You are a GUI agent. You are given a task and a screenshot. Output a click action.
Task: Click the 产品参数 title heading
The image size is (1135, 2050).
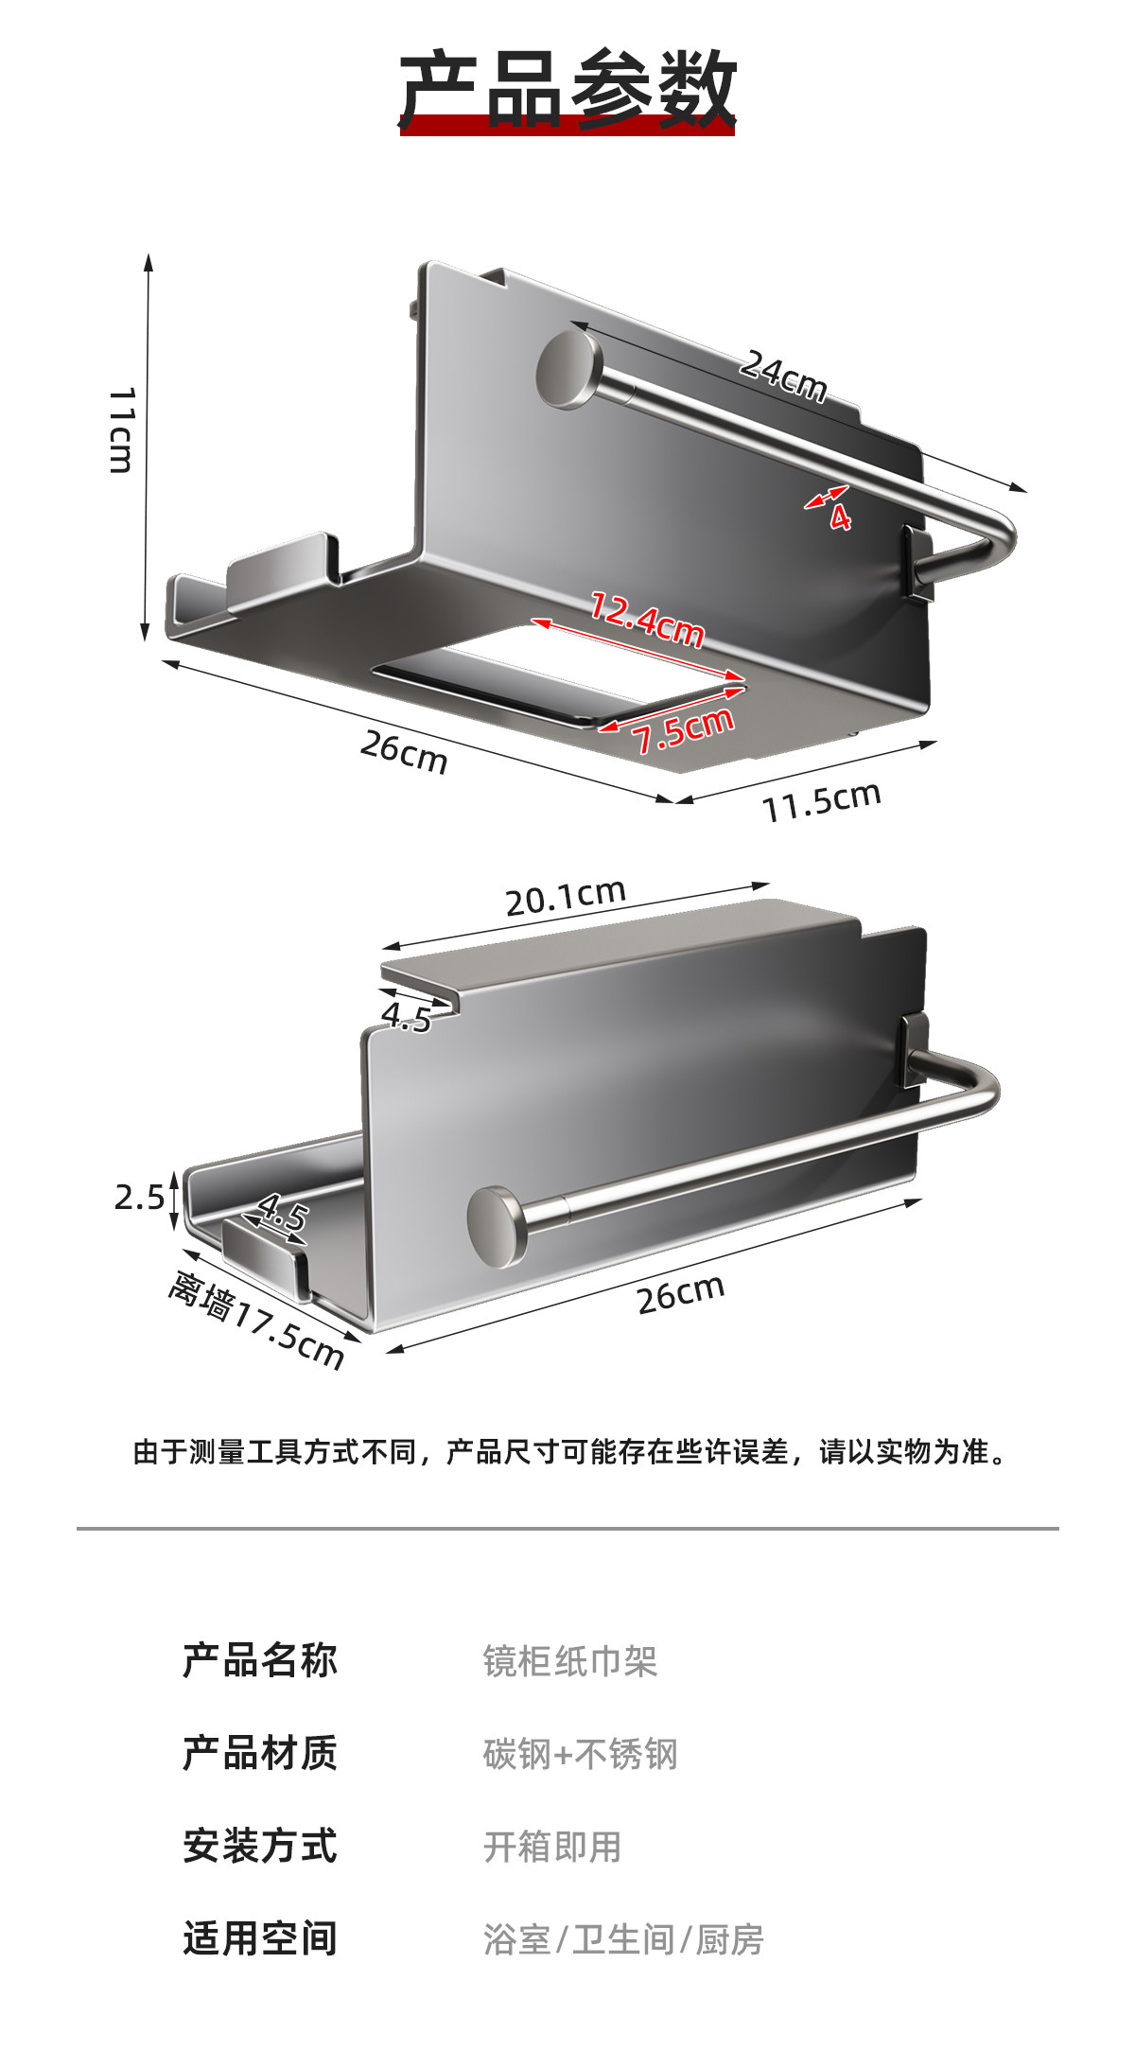click(567, 90)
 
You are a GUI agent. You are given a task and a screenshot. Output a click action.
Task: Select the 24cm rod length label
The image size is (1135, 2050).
click(782, 376)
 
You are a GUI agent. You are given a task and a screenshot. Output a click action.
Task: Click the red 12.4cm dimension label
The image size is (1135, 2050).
click(647, 619)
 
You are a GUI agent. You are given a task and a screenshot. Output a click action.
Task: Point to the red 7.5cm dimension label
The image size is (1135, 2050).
click(684, 730)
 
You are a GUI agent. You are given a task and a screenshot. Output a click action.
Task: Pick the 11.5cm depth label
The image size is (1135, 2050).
click(821, 802)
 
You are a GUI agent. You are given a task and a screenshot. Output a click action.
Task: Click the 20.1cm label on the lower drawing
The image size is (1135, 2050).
click(566, 897)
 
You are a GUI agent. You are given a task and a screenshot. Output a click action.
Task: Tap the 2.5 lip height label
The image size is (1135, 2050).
click(139, 1198)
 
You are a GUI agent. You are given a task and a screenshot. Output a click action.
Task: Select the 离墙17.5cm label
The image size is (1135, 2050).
click(256, 1321)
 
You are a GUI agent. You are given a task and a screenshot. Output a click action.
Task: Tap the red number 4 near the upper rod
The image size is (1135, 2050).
click(840, 517)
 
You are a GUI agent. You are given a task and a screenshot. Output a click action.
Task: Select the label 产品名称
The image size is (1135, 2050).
click(260, 1660)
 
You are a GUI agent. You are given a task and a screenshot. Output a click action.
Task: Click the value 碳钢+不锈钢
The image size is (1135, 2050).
click(580, 1754)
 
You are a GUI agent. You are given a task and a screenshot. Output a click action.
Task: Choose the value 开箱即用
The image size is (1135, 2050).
click(552, 1847)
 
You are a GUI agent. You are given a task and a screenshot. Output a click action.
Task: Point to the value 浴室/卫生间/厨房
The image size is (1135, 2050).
click(623, 1939)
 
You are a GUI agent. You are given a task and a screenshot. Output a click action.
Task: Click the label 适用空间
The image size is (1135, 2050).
click(260, 1938)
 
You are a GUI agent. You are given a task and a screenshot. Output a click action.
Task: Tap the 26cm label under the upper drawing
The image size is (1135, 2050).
click(404, 752)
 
